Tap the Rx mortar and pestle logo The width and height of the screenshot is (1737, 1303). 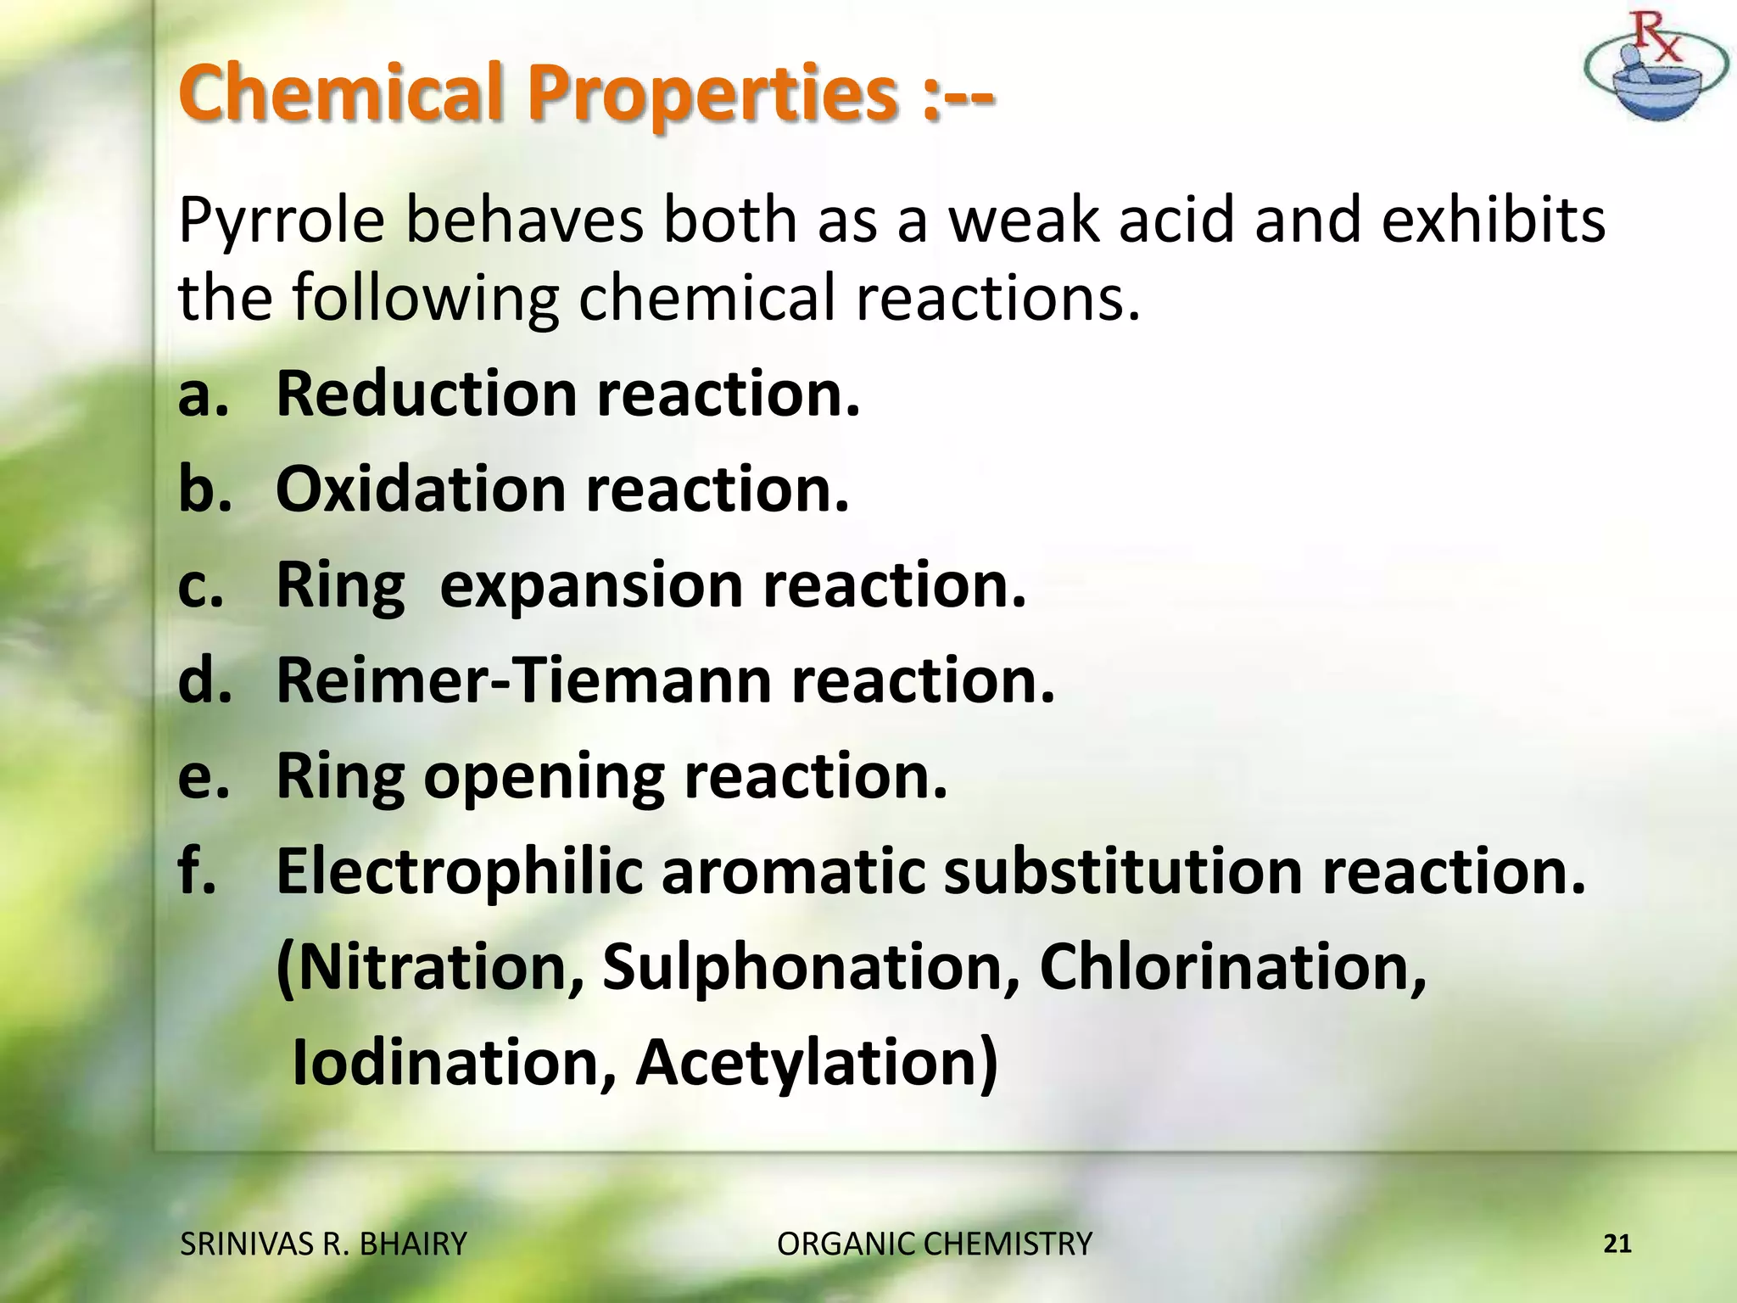point(1655,68)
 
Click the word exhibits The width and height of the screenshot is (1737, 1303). point(1492,219)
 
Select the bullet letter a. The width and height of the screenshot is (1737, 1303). point(203,394)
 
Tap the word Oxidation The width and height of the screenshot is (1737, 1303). point(421,490)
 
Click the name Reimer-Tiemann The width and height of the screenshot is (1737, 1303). point(524,681)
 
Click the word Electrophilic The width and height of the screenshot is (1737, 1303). point(459,872)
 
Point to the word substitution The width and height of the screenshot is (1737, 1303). point(1122,872)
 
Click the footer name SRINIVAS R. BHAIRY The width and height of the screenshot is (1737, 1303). point(323,1244)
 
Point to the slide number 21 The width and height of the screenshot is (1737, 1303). point(1618,1244)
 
